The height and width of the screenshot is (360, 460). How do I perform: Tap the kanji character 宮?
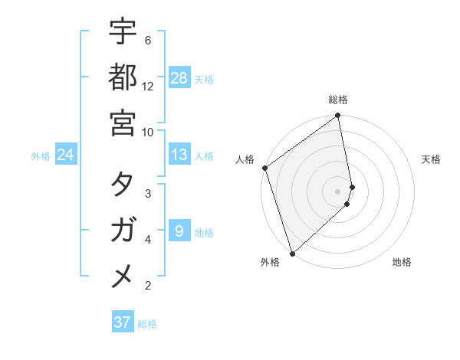pos(123,123)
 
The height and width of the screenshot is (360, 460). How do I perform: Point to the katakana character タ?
pos(123,184)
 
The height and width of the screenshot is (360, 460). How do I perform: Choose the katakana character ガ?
pos(123,230)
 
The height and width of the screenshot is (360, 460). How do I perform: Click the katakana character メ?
pos(123,276)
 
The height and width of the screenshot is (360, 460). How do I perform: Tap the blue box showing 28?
pos(179,77)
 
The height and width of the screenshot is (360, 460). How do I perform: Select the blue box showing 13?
pos(179,155)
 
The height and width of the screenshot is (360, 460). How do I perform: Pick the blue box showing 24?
pos(66,155)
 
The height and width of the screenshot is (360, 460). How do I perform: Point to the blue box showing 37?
pos(123,322)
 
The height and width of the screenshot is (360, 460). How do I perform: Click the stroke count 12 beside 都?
pos(148,87)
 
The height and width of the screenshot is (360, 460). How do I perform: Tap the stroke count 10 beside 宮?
pos(148,133)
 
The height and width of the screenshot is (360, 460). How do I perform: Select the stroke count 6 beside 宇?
pos(147,40)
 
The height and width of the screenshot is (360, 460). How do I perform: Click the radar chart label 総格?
pos(338,100)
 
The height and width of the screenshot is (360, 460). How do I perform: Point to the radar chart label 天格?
pos(431,159)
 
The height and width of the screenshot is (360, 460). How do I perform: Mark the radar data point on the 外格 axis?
pos(292,253)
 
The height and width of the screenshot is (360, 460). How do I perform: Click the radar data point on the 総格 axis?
pos(338,116)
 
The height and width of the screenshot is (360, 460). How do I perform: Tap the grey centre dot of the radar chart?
pos(338,191)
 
